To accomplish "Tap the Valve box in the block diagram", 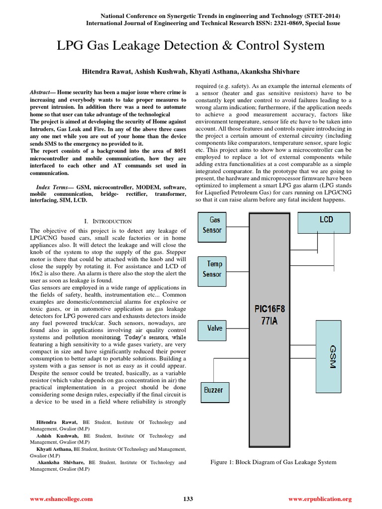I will pos(215,328).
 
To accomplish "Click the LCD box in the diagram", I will pos(326,220).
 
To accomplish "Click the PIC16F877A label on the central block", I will pos(270,314).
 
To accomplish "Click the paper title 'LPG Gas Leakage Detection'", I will pos(191,46).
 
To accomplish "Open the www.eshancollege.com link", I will pos(61,499).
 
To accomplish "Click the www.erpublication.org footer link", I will pos(320,499).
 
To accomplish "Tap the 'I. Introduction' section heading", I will pos(108,221).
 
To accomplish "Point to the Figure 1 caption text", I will pos(274,462).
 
